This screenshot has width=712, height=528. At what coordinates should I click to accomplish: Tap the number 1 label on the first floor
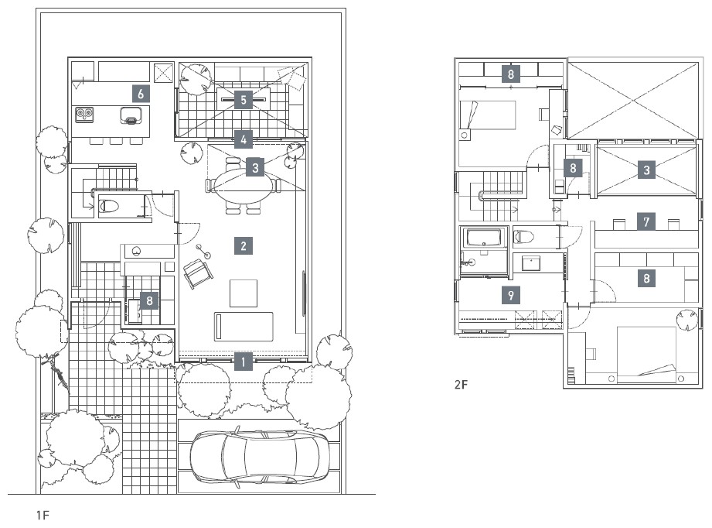click(244, 362)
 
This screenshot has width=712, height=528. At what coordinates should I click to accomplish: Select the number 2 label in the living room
click(244, 246)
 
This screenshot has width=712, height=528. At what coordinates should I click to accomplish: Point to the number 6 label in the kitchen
click(141, 94)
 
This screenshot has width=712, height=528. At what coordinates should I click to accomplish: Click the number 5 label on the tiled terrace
click(244, 100)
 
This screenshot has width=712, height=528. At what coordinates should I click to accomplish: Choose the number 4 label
click(244, 139)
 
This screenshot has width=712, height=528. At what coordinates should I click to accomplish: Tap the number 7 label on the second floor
click(646, 221)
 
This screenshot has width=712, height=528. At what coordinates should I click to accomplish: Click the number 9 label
click(511, 295)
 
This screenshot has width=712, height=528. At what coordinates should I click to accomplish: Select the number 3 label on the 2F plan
click(646, 170)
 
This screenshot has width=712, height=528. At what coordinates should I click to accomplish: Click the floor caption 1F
click(43, 516)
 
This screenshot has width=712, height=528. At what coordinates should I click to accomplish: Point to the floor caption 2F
click(461, 385)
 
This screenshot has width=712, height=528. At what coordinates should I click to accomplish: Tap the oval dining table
click(244, 186)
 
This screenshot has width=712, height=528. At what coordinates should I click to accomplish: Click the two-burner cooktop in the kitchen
click(84, 114)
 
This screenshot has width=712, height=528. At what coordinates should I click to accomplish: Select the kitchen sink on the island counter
click(131, 115)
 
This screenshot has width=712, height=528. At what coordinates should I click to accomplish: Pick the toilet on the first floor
click(108, 206)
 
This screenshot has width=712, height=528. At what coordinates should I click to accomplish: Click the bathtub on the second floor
click(484, 237)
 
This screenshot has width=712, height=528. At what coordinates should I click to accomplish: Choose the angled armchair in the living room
click(198, 273)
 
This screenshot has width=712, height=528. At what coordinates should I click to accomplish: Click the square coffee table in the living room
click(244, 293)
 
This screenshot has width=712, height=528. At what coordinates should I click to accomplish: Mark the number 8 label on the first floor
click(149, 300)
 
